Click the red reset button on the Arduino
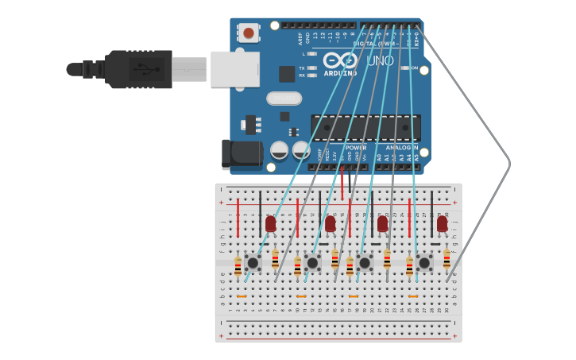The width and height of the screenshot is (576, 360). [x=249, y=33]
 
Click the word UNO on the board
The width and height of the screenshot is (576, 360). [x=380, y=60]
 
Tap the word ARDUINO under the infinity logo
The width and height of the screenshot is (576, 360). [x=340, y=73]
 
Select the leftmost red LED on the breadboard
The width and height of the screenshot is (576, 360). [x=271, y=224]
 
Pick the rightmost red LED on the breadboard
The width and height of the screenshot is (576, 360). [x=442, y=224]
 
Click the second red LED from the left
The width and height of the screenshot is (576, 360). [x=330, y=224]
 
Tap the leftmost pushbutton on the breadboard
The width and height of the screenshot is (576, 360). [x=253, y=262]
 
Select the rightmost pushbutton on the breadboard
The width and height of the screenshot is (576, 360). [x=424, y=262]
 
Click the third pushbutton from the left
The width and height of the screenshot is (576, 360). [x=365, y=262]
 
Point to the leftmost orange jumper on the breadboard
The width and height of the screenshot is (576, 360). [x=242, y=296]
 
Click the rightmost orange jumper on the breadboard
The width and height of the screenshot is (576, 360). [x=413, y=296]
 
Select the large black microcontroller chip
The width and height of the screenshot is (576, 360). [x=365, y=127]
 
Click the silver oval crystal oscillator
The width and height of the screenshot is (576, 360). [x=284, y=99]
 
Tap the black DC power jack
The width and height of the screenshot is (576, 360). [x=241, y=154]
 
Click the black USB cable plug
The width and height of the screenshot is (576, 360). [x=139, y=69]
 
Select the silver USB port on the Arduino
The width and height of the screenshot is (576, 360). [x=235, y=69]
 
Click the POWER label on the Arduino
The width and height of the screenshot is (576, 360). [x=356, y=147]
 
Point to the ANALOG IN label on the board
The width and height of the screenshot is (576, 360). [x=401, y=147]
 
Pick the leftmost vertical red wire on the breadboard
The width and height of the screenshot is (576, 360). [x=238, y=217]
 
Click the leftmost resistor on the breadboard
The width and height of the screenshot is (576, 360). [x=238, y=266]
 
